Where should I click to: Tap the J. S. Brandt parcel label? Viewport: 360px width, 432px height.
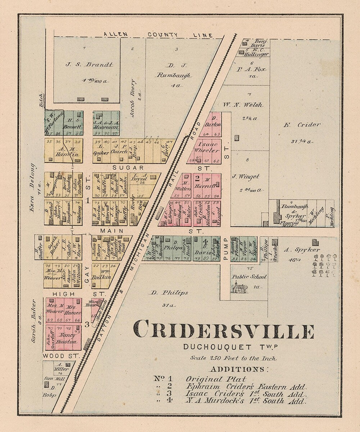(89, 65)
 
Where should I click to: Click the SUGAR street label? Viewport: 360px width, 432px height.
(123, 168)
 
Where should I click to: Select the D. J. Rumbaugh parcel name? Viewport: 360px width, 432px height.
(174, 71)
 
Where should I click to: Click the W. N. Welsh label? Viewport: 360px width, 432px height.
(243, 105)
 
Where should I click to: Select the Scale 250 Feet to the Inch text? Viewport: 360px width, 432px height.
(234, 359)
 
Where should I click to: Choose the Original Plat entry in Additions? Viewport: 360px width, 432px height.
(216, 379)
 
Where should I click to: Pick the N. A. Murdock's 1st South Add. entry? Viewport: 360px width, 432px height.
(246, 401)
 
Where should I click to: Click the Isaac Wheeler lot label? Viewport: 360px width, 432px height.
(206, 147)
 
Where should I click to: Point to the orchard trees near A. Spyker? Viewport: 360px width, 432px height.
(324, 266)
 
